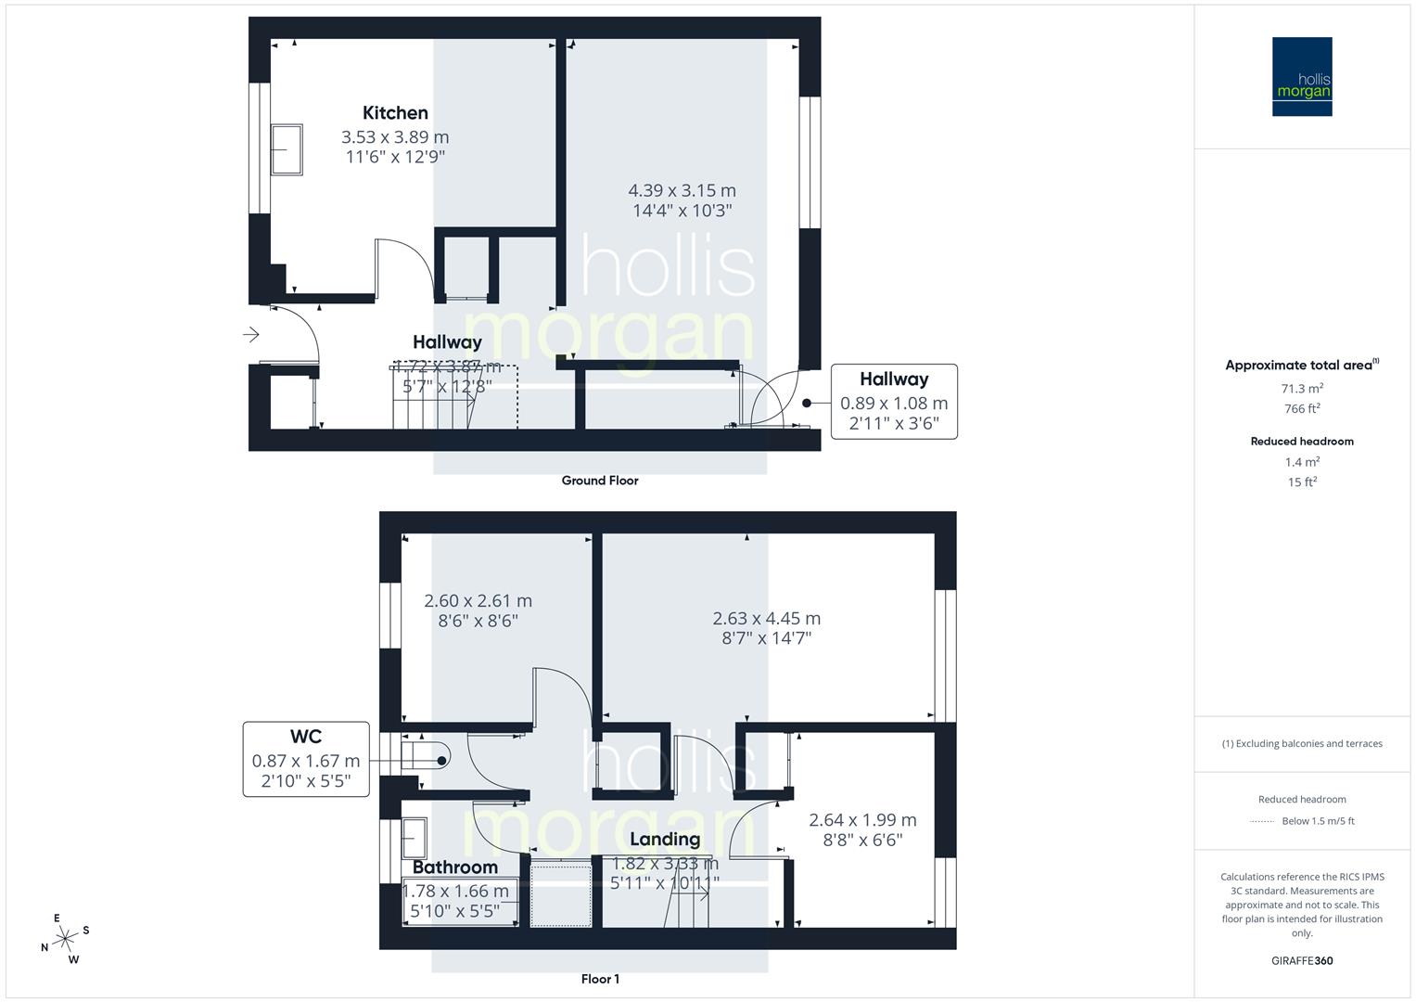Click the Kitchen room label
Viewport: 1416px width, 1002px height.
pyautogui.click(x=395, y=113)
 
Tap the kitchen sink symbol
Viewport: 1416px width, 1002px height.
pyautogui.click(x=287, y=149)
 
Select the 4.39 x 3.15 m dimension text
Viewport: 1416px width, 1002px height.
pyautogui.click(x=682, y=190)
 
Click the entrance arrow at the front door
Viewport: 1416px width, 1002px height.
pyautogui.click(x=251, y=335)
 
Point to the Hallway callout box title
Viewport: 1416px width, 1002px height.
pyautogui.click(x=893, y=379)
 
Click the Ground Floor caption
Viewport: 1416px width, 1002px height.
pyautogui.click(x=599, y=481)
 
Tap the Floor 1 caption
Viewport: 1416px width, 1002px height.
pyautogui.click(x=600, y=979)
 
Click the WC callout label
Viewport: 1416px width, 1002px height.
pyautogui.click(x=305, y=737)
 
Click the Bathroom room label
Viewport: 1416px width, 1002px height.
pyautogui.click(x=454, y=867)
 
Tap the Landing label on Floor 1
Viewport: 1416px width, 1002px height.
pyautogui.click(x=664, y=840)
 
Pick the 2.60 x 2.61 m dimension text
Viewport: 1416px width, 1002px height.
pyautogui.click(x=478, y=601)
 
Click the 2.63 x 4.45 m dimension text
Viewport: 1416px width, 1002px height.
pyautogui.click(x=766, y=619)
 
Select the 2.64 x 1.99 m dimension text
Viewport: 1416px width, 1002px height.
pyautogui.click(x=862, y=820)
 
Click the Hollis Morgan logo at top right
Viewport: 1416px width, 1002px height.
pyautogui.click(x=1301, y=77)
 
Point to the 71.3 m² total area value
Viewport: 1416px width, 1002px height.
pyautogui.click(x=1302, y=389)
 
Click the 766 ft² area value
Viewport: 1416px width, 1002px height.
pyautogui.click(x=1302, y=409)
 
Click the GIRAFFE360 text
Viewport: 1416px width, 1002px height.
pyautogui.click(x=1302, y=960)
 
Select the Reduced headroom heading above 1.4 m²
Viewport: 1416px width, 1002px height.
pyautogui.click(x=1302, y=442)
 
